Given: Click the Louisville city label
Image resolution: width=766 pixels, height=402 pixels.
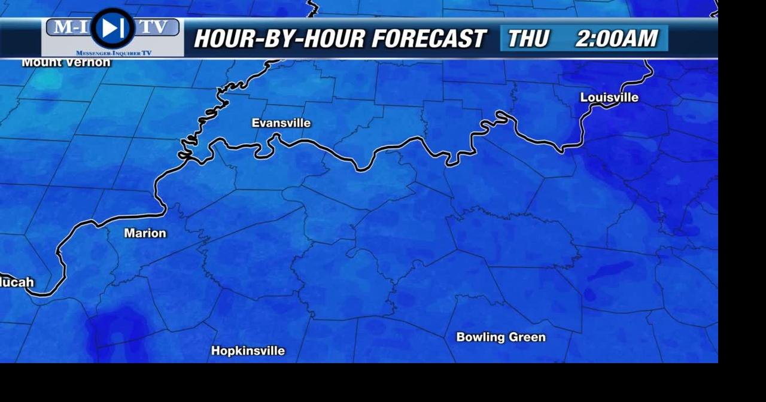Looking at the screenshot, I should click(609, 98).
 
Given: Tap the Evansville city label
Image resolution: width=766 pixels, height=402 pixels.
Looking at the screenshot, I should click(281, 123).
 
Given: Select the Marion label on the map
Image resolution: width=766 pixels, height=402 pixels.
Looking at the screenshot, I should click(145, 233).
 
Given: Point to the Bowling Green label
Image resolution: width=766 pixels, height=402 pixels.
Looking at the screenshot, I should click(501, 337).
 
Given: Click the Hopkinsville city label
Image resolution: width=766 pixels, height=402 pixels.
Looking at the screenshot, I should click(248, 351).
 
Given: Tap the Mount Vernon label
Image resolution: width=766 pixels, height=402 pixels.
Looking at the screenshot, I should click(66, 63).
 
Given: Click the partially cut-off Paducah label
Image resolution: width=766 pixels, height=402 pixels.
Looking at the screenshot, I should click(17, 282).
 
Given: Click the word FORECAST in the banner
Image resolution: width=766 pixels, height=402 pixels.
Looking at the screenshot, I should click(428, 39).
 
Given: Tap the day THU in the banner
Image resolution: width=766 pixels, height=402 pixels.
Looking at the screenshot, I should click(528, 39).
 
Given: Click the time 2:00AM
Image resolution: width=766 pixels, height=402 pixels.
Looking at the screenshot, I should click(616, 39).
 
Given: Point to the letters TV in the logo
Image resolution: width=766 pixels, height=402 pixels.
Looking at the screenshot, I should click(154, 27).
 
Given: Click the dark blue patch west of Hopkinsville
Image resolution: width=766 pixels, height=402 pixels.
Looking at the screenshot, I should click(120, 329).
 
